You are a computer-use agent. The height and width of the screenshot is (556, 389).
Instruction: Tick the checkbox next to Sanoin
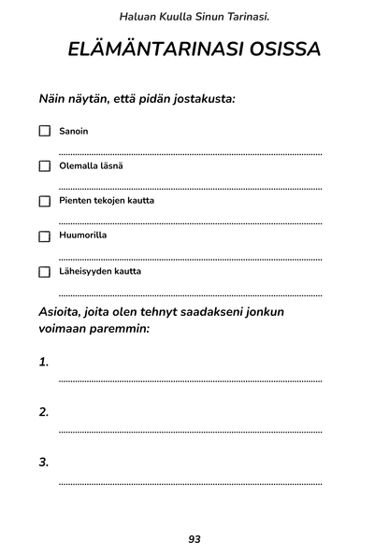[x=44, y=132]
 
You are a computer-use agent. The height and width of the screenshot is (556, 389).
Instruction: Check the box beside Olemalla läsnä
[x=44, y=166]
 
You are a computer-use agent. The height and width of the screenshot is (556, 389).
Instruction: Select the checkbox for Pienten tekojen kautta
[x=44, y=201]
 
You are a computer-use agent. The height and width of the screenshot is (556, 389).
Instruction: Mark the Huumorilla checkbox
[x=44, y=236]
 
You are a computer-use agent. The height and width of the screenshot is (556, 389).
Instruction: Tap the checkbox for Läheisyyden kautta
[x=44, y=272]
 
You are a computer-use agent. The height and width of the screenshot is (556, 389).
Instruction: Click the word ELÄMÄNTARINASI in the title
[x=148, y=50]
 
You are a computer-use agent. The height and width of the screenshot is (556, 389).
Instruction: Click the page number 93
[x=194, y=539]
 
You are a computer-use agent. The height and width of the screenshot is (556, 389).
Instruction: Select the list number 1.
[x=44, y=362]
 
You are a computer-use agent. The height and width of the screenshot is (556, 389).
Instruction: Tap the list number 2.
[x=44, y=412]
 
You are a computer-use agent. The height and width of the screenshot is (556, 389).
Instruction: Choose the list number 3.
[x=44, y=462]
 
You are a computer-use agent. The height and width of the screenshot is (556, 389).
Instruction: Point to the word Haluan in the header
[x=138, y=16]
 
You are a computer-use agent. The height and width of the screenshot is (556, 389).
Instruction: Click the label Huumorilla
[x=83, y=235]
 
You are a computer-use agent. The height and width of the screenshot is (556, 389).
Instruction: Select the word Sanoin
[x=74, y=131]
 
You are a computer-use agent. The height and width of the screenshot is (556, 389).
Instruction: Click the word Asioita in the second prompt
[x=64, y=311]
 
